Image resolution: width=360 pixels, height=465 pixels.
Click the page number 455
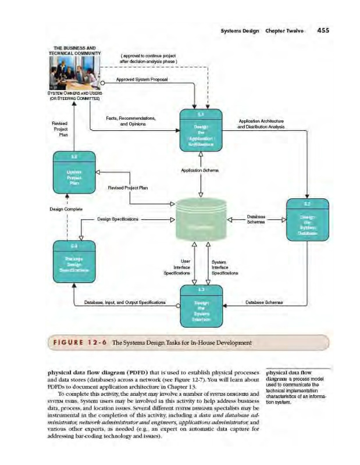(x=323, y=31)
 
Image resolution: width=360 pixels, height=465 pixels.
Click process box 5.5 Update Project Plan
(x=74, y=173)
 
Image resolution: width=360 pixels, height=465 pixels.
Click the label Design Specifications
(x=118, y=220)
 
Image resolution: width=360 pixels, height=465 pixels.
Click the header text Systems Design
(x=239, y=31)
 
